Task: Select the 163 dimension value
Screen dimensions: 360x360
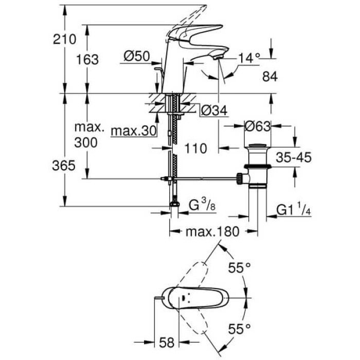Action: coord(87,60)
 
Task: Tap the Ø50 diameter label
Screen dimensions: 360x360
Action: coord(137,56)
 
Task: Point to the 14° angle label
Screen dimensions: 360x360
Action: coord(249,58)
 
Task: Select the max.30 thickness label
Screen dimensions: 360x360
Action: coord(133,131)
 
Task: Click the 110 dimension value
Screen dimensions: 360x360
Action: coord(195,149)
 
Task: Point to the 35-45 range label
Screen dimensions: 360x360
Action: coord(293,158)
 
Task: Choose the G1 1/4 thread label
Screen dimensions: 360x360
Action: coord(293,209)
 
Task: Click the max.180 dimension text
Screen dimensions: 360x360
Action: coord(212,232)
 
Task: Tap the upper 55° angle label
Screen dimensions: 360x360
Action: coord(239,267)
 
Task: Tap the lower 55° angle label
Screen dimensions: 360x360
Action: coord(239,327)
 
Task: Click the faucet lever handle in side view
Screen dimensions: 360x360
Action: coord(198,32)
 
